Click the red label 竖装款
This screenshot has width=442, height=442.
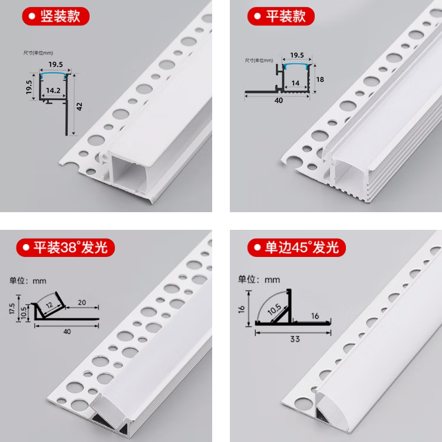pos(56,16)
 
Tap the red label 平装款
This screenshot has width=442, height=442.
pos(281,16)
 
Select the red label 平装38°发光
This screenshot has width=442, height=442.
pos(65,248)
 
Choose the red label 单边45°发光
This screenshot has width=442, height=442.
pos(296,248)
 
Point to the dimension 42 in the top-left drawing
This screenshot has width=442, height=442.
pos(79,107)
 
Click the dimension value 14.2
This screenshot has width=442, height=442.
pos(53,91)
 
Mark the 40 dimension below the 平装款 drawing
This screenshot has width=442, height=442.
pos(279,100)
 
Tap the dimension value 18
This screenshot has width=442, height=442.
pos(320,80)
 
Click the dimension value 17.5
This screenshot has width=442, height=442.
pos(12,309)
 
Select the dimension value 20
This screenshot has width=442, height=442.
pos(82,302)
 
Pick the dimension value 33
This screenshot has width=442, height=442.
pos(295,339)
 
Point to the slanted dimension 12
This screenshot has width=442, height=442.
pos(49,305)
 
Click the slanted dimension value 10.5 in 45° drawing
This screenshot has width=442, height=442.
pos(274,309)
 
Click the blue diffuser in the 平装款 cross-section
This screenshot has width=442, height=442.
pos(297,65)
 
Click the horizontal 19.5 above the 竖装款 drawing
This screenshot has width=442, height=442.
pos(55,65)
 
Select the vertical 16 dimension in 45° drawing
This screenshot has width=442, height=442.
pos(242,309)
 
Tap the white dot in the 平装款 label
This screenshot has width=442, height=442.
pos(257,16)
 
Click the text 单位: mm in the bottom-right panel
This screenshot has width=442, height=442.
pos(259,279)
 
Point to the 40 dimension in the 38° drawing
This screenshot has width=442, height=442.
pos(67,331)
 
